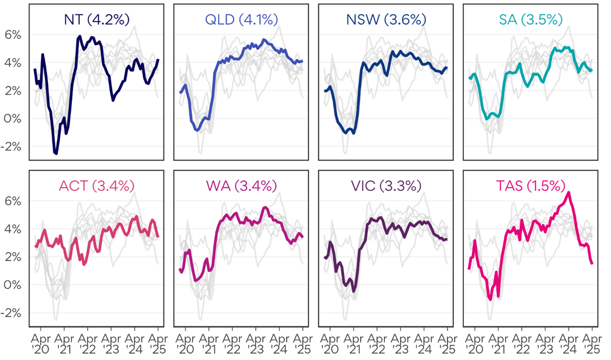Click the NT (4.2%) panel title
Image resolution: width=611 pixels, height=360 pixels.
(x=97, y=20)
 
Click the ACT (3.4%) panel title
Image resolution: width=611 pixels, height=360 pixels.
(x=97, y=186)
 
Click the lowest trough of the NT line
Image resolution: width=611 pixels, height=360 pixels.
(x=56, y=153)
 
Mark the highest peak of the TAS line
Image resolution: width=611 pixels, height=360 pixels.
(x=569, y=193)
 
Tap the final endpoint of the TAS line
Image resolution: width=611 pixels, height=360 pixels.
(x=592, y=263)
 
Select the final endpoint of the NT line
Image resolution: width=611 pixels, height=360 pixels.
(x=158, y=60)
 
